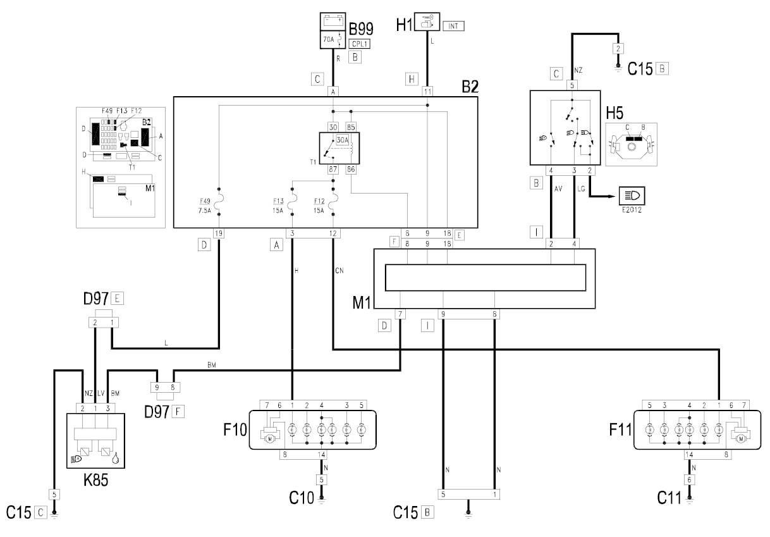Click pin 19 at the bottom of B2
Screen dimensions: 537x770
pyautogui.click(x=219, y=233)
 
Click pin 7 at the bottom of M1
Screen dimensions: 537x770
pyautogui.click(x=401, y=314)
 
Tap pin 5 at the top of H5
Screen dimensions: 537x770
pyautogui.click(x=572, y=84)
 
